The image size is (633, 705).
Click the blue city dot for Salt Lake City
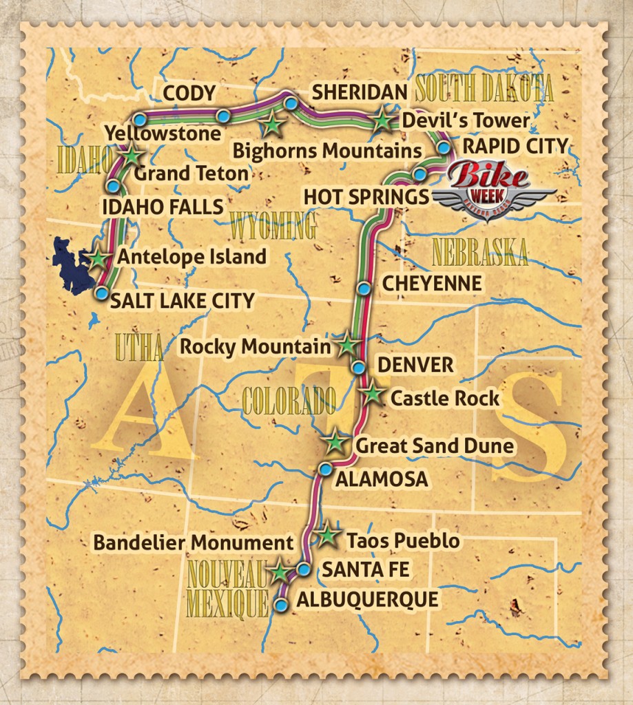click(101, 294)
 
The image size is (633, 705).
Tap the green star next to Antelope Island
click(98, 259)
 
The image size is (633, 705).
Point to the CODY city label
click(189, 93)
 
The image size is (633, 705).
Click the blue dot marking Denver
click(358, 367)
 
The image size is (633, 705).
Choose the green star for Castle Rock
click(372, 394)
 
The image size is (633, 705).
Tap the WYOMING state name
click(273, 226)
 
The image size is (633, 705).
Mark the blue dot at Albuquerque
click(280, 604)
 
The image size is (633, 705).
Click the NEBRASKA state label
click(480, 253)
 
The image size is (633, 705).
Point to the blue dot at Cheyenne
click(364, 288)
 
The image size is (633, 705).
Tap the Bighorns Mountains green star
click(273, 125)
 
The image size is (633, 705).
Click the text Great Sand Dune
click(434, 446)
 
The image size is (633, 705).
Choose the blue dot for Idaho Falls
click(113, 187)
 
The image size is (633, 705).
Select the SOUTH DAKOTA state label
click(485, 90)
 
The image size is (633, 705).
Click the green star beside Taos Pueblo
click(328, 536)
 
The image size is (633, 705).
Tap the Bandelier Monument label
click(194, 543)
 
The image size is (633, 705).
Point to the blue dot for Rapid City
click(444, 147)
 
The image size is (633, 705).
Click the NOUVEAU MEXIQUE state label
click(227, 587)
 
